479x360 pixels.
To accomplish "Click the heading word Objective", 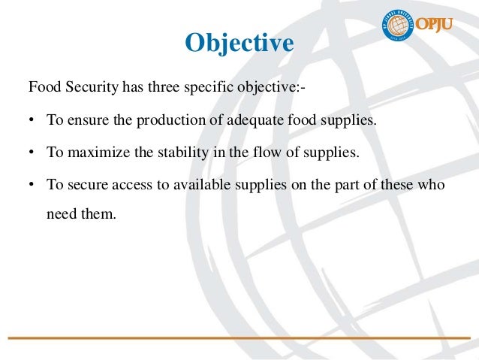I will pyautogui.click(x=239, y=43).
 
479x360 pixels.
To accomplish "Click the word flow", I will pyautogui.click(x=248, y=153).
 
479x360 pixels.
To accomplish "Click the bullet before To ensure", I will pyautogui.click(x=32, y=120).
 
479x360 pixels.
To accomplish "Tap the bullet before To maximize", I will pyautogui.click(x=32, y=153).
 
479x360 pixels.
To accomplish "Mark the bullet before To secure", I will pyautogui.click(x=32, y=186).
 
